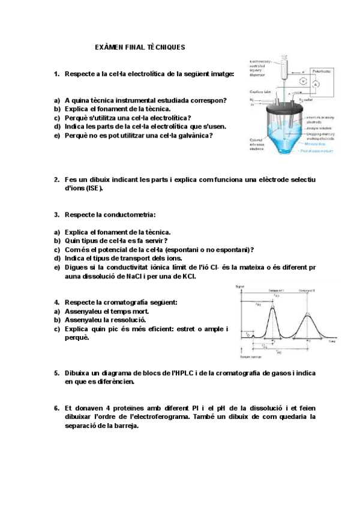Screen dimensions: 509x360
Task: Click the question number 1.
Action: click(56, 74)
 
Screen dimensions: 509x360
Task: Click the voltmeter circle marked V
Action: click(303, 80)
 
